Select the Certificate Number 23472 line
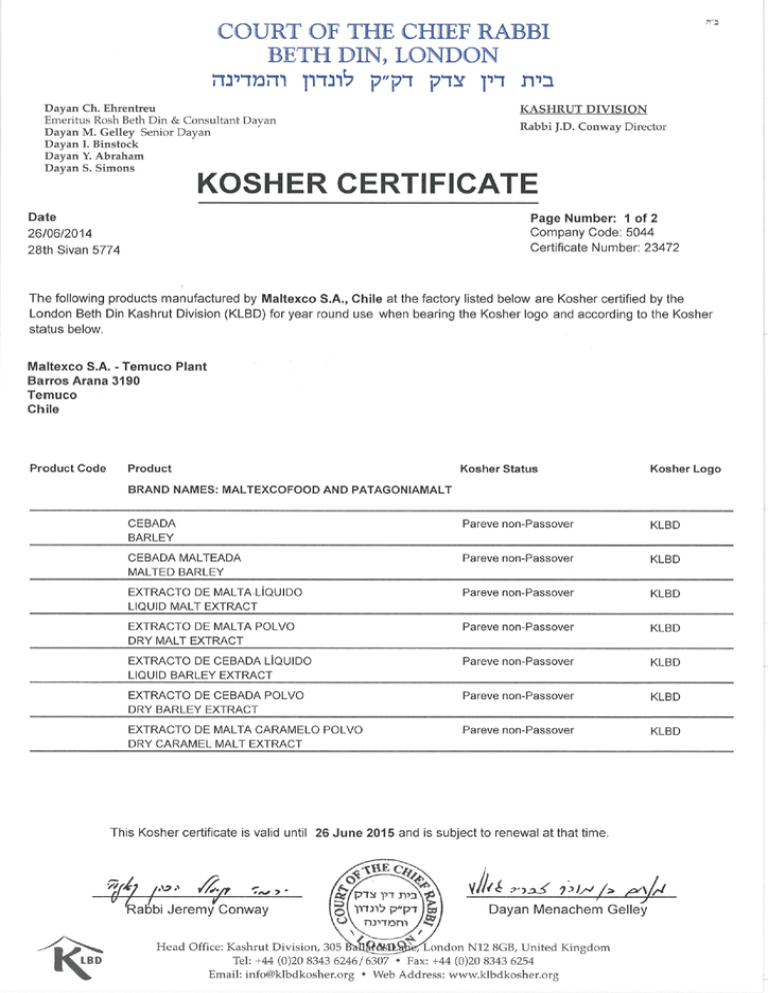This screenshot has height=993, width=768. pyautogui.click(x=605, y=248)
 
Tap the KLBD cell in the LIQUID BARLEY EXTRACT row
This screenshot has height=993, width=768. pyautogui.click(x=665, y=662)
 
